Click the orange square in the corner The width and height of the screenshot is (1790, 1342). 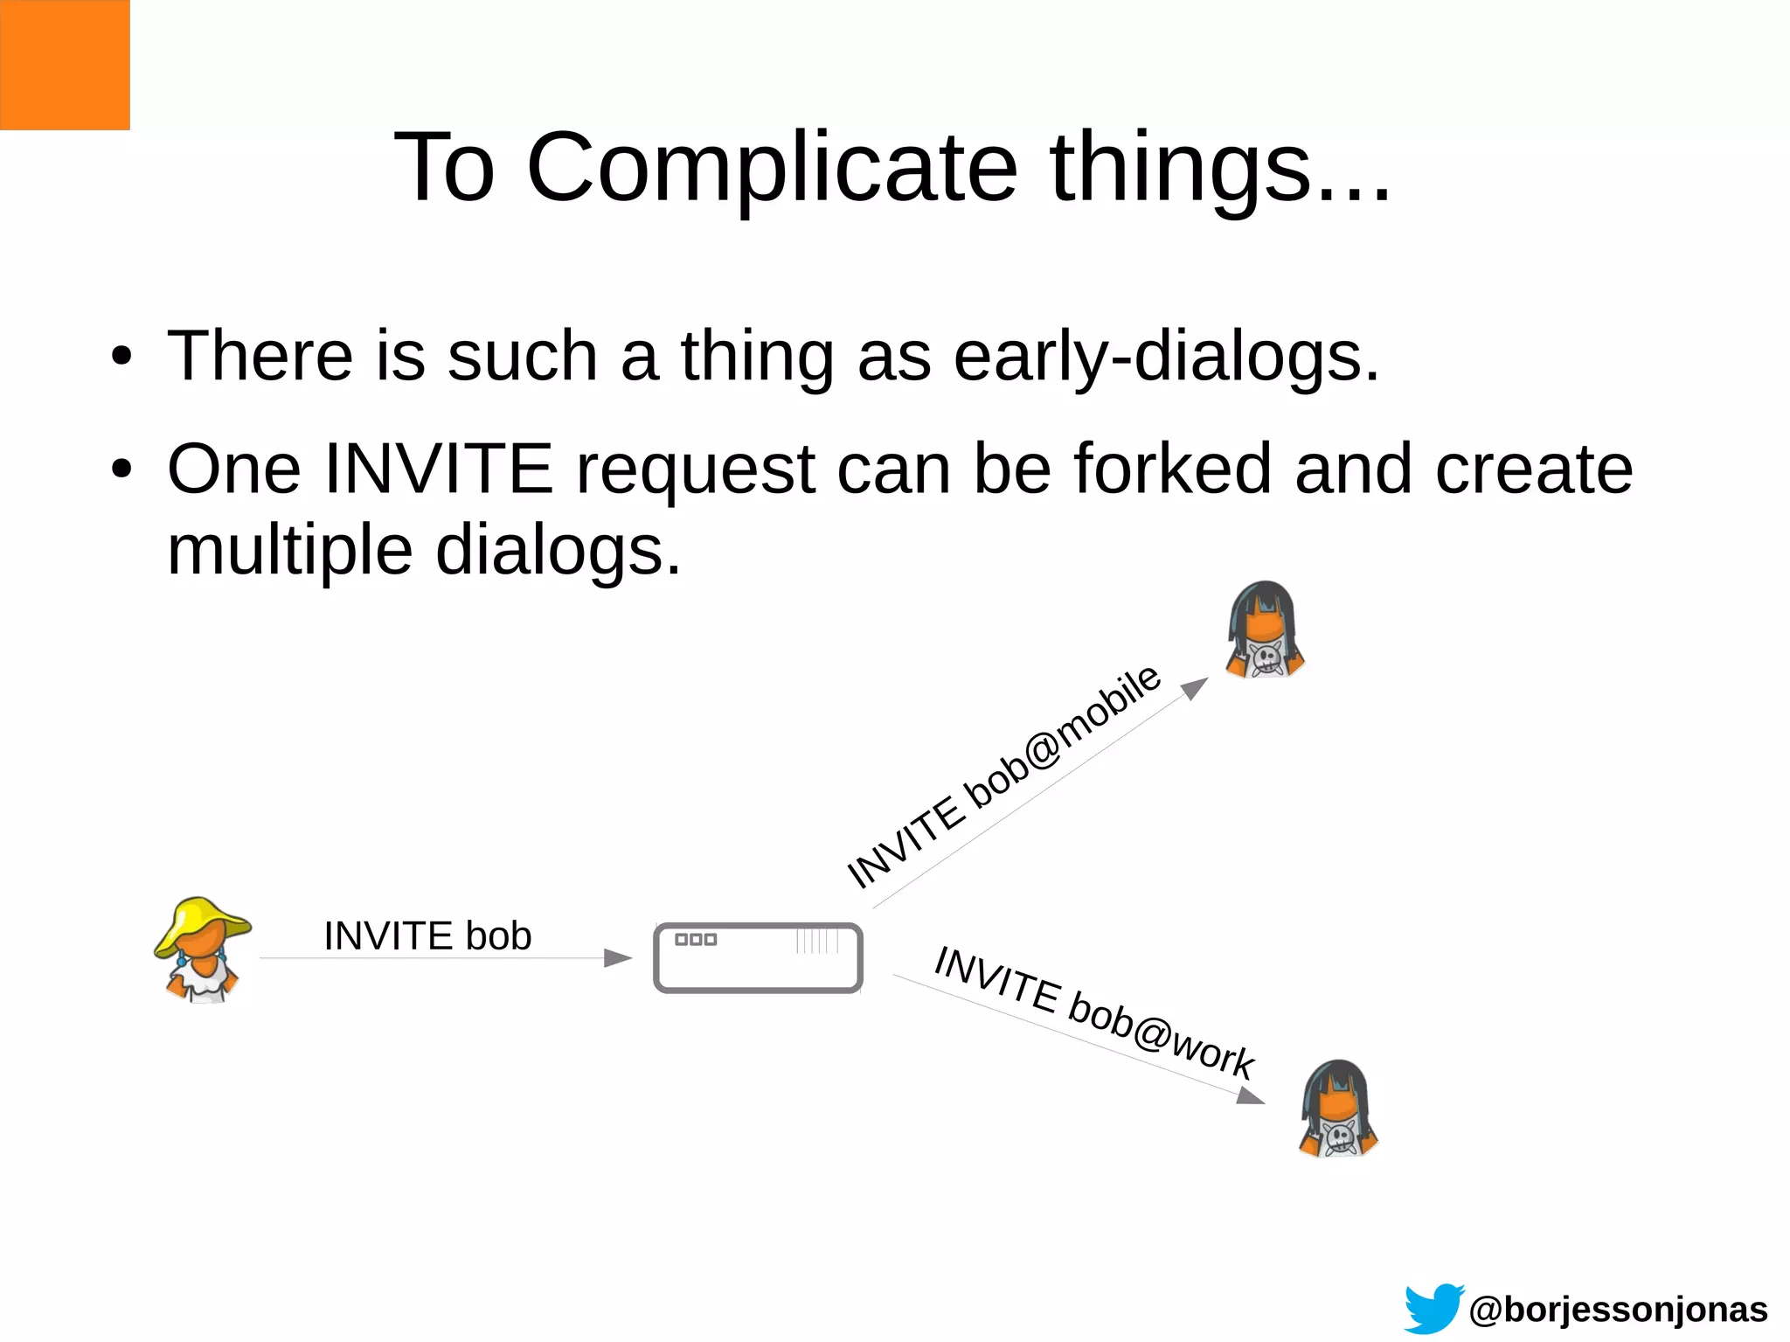tap(65, 65)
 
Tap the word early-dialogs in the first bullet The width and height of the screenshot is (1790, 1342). tap(1165, 356)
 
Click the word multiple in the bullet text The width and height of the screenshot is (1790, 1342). tap(289, 550)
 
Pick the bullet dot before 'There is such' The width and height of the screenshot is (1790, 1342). tap(121, 357)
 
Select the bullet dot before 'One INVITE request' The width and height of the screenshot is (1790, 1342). tap(121, 469)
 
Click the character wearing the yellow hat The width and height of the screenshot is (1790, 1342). tap(203, 949)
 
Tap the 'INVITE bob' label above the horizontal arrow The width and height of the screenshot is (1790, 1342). tap(427, 935)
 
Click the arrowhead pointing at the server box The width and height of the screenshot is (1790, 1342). tap(618, 958)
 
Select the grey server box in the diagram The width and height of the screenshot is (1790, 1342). tap(758, 958)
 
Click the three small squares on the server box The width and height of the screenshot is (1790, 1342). tap(696, 940)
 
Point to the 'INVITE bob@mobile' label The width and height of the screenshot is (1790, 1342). tap(1003, 775)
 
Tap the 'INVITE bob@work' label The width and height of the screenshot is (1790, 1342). tap(1094, 1012)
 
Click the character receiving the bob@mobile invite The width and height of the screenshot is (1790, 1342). tap(1265, 629)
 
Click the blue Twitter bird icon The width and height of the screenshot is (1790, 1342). tap(1433, 1308)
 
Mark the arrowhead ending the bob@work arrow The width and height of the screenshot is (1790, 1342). tap(1252, 1095)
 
